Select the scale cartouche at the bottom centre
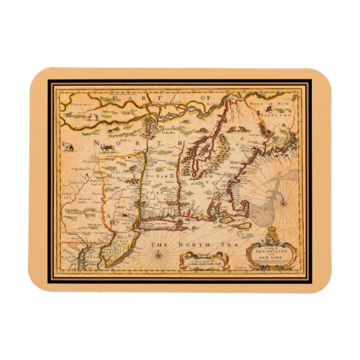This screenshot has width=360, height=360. (203, 257)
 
